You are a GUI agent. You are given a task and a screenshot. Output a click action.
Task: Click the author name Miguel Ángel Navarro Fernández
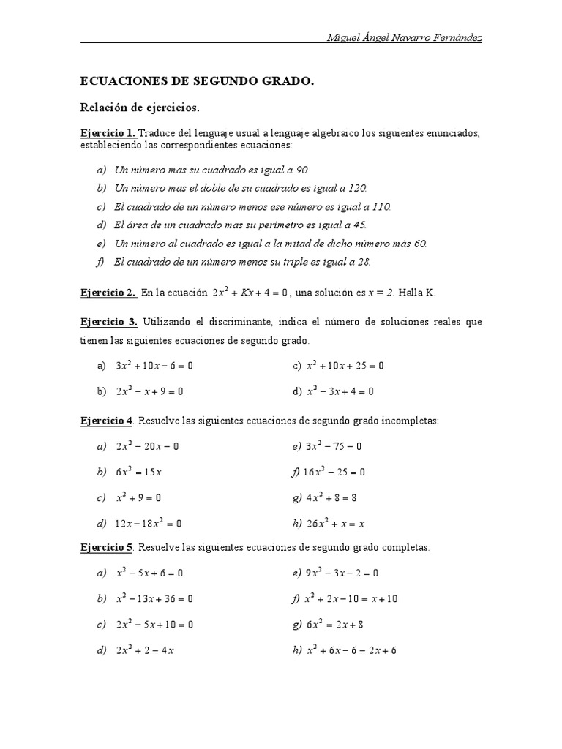click(405, 38)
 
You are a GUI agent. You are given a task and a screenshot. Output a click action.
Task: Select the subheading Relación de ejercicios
click(139, 108)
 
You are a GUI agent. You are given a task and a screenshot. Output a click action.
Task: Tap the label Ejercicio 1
click(108, 133)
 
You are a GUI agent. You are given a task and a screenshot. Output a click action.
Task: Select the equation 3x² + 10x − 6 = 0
click(154, 365)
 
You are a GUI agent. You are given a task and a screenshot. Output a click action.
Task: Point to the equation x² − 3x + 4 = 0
click(340, 391)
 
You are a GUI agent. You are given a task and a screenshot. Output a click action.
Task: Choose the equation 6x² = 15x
click(138, 472)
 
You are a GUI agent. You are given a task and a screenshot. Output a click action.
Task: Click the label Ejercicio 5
click(106, 547)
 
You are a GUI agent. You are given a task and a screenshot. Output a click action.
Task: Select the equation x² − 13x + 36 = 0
click(154, 598)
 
